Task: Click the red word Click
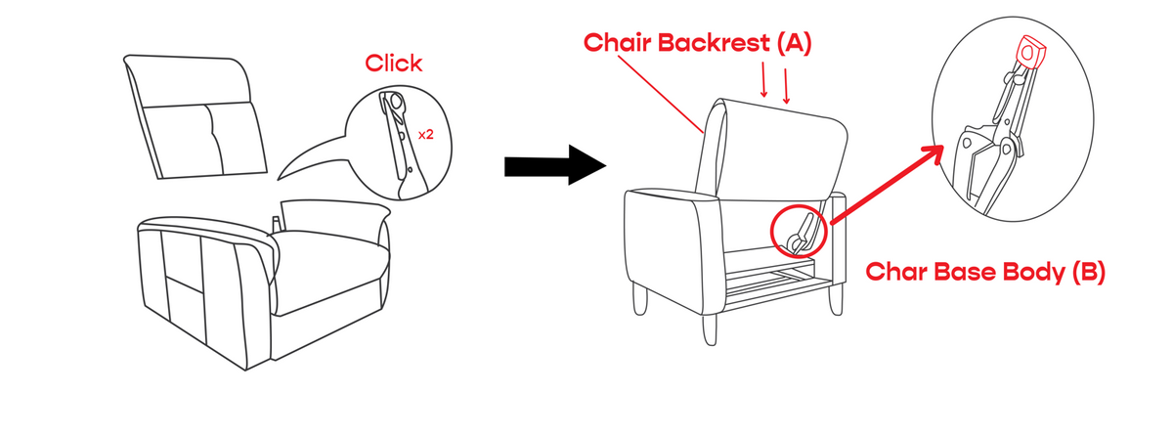point(393,64)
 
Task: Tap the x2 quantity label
point(426,135)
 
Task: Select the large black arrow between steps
point(555,165)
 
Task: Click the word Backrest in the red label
point(714,42)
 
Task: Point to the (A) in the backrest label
point(794,43)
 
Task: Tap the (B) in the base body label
point(1088,272)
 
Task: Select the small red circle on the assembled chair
point(799,231)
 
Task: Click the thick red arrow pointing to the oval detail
point(888,184)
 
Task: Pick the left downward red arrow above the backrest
point(763,79)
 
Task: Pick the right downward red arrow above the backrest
point(786,86)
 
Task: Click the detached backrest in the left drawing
point(195,117)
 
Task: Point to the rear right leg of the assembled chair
point(837,299)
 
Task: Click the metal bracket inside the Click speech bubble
point(402,144)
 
